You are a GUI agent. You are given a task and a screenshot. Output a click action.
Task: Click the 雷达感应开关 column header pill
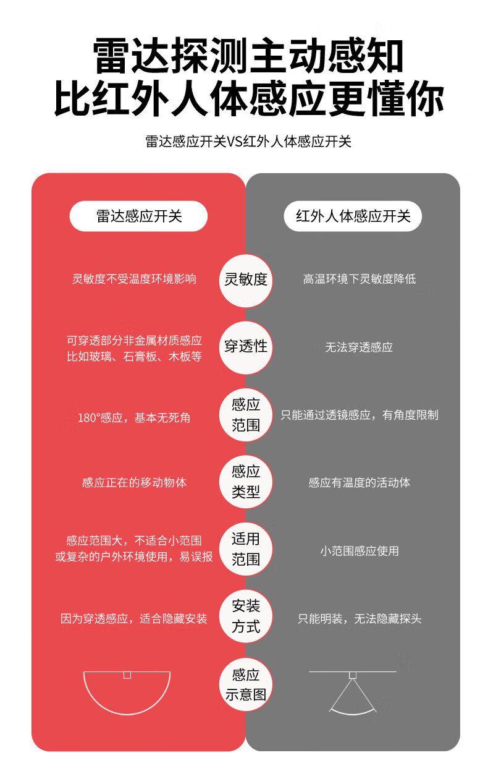(138, 216)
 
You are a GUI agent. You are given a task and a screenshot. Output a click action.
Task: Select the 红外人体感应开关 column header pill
(353, 216)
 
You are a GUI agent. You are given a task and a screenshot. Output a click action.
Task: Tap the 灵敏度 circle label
(246, 279)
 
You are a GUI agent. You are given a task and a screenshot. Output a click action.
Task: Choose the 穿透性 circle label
(246, 347)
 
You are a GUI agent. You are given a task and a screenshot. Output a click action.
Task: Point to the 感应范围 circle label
(246, 415)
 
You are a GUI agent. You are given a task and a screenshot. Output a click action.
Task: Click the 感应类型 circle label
(246, 482)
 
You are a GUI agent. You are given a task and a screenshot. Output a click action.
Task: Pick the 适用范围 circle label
(246, 549)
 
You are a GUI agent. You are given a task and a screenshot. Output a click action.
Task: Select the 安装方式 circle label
(246, 616)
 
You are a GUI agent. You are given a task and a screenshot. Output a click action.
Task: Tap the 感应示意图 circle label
(246, 684)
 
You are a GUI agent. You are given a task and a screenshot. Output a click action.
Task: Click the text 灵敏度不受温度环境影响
(134, 279)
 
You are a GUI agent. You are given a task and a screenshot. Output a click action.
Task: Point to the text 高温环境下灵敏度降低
(359, 279)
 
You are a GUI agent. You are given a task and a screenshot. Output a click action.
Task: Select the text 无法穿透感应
(359, 347)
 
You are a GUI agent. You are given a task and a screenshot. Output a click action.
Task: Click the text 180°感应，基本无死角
(134, 418)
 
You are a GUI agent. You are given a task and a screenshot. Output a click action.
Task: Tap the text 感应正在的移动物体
(134, 482)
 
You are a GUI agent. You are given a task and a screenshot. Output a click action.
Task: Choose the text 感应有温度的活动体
(359, 482)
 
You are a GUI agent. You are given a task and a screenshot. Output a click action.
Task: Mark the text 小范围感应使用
(359, 550)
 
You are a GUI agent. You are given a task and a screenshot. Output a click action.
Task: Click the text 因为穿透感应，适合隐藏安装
(134, 618)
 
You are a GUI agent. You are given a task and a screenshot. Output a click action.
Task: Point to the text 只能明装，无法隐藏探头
(359, 618)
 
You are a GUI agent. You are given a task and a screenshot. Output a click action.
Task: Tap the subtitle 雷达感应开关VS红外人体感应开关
(248, 142)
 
